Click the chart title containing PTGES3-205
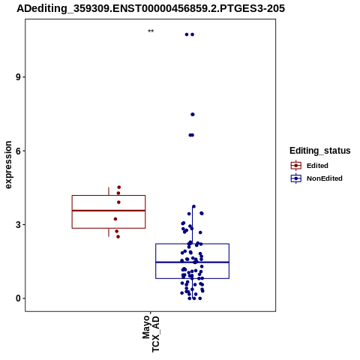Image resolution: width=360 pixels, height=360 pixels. click(151, 8)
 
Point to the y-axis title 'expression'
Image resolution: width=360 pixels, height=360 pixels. click(8, 165)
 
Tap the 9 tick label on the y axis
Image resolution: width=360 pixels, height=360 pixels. click(18, 77)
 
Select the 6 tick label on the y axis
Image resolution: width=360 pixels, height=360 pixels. click(18, 151)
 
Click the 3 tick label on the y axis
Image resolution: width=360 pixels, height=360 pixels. click(18, 224)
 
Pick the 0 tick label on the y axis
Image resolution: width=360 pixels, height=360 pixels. click(18, 298)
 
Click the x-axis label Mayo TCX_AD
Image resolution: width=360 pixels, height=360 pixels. click(151, 334)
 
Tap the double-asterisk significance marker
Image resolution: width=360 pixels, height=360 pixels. click(151, 31)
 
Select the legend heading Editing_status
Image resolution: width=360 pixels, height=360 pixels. click(320, 151)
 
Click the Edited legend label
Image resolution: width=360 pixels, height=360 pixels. click(317, 166)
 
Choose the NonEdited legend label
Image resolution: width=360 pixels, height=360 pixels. click(325, 178)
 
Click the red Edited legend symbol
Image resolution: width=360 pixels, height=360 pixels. click(296, 166)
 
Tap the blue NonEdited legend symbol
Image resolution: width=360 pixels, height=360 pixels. click(296, 178)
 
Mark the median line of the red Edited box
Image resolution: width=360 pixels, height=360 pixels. click(109, 211)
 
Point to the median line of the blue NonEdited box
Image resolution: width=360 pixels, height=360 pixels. click(192, 262)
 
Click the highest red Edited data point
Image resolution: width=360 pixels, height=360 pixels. click(119, 187)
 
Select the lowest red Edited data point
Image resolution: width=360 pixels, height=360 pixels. click(118, 237)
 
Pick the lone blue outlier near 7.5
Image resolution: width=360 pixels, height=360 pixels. click(193, 115)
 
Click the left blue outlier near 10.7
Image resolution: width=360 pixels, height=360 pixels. click(187, 34)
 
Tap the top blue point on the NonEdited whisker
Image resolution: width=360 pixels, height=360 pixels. click(193, 206)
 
